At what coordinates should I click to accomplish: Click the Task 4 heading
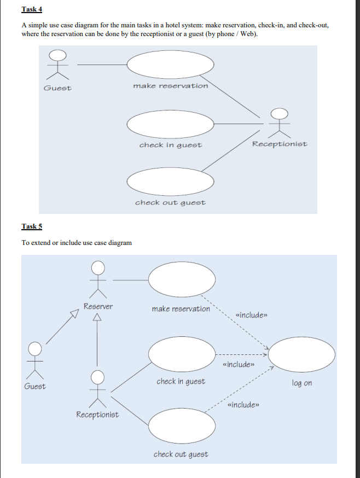click(31, 9)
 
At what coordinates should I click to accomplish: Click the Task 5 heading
click(31, 226)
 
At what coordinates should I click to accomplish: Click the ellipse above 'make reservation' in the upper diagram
click(170, 65)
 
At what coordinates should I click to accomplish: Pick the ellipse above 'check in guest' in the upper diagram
click(170, 124)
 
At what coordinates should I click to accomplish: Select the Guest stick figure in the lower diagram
click(35, 360)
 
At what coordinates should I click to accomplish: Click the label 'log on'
click(302, 383)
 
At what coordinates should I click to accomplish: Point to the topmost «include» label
click(251, 316)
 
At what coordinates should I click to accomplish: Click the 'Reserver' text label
click(98, 306)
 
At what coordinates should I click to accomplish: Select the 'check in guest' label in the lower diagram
click(181, 381)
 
